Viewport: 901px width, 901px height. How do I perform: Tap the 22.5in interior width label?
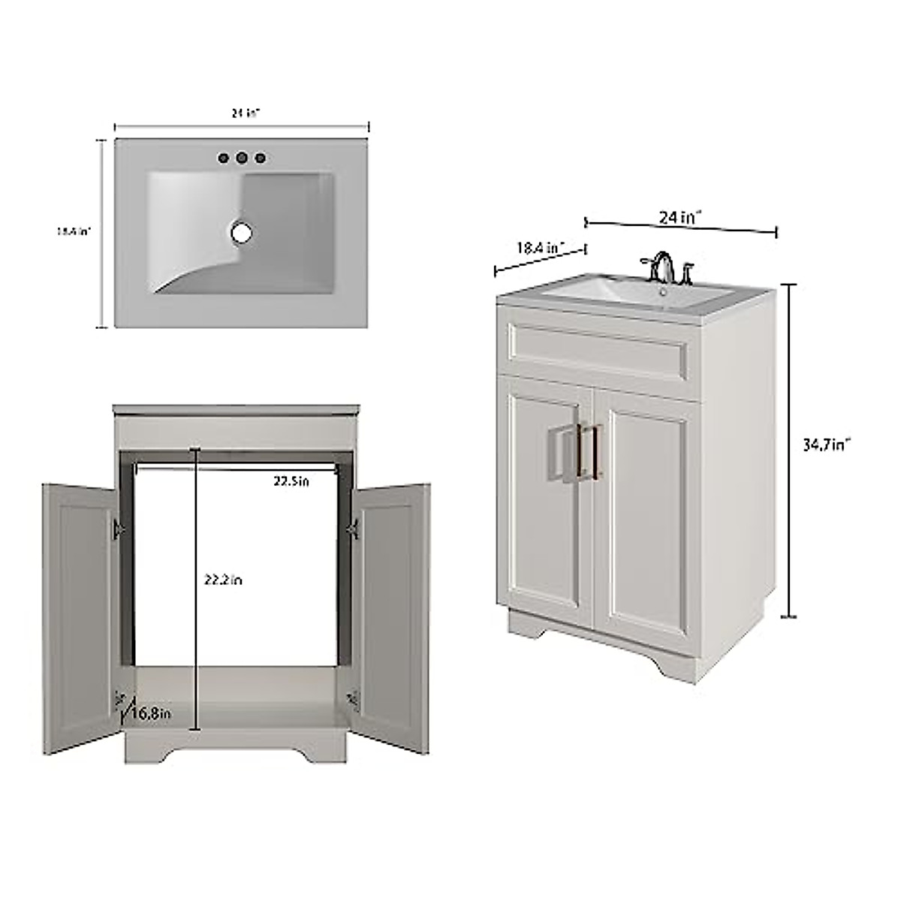tap(291, 481)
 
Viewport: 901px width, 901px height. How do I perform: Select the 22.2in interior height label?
tap(223, 580)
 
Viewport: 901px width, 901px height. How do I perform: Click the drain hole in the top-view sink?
tap(242, 233)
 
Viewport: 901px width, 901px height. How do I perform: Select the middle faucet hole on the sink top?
tap(242, 158)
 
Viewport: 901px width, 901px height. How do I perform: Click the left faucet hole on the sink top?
tap(223, 158)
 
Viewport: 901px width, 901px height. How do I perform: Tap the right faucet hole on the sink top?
tap(261, 158)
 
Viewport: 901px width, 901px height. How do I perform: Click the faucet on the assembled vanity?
tap(662, 267)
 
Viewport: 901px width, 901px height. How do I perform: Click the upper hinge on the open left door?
tap(118, 529)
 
